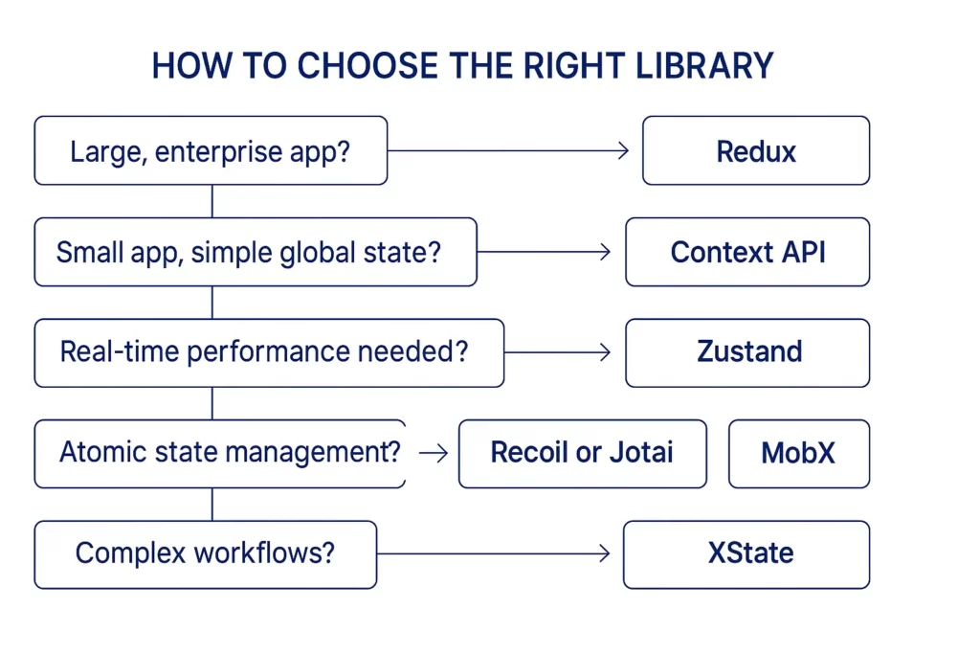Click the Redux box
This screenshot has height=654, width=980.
[x=756, y=150]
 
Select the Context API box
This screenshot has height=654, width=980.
[x=747, y=252]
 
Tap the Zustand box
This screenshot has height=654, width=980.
[x=747, y=352]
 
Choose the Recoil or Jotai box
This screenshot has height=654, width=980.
[x=583, y=453]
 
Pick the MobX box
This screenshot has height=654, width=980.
[x=799, y=453]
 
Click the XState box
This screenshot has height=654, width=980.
[x=746, y=554]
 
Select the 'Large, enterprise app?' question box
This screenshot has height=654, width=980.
[x=211, y=150]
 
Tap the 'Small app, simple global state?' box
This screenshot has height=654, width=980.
[x=256, y=252]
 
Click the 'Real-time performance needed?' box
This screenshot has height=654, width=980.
[x=269, y=352]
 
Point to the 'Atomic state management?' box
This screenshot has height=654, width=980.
[x=220, y=453]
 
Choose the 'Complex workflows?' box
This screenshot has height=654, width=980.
[x=206, y=554]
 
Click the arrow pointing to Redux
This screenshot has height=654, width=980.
[x=508, y=150]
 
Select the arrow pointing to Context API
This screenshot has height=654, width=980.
[x=544, y=252]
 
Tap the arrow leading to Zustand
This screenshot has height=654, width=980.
[x=558, y=352]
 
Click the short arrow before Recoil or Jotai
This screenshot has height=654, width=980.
[x=434, y=453]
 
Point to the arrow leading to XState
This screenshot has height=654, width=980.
[x=494, y=553]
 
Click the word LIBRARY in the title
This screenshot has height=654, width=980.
[x=704, y=66]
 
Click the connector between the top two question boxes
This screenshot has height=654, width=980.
[x=212, y=201]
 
